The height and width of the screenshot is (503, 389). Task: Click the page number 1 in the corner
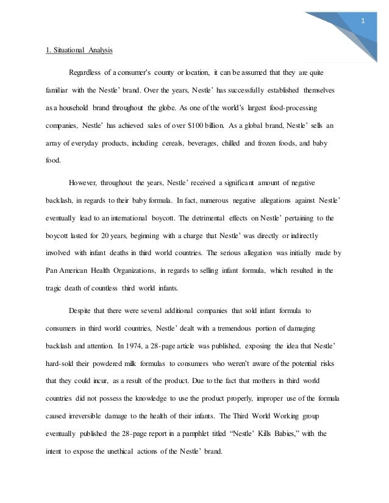tap(363, 21)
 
